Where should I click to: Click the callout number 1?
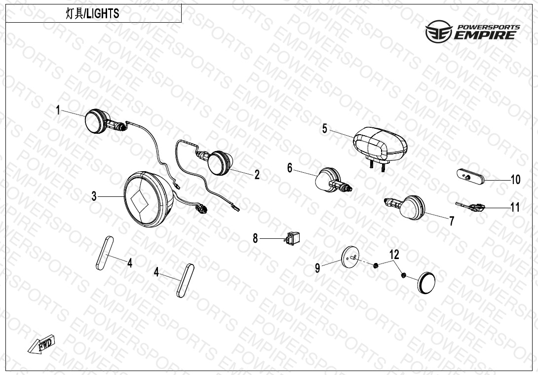[58, 110]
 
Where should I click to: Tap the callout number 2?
[257, 175]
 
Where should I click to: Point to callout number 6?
[290, 168]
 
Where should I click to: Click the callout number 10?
[515, 180]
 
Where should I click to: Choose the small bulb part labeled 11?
[470, 206]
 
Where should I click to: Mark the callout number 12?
[394, 255]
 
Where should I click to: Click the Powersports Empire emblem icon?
[439, 32]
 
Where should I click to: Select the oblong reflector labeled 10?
[470, 176]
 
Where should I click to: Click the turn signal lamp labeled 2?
[216, 161]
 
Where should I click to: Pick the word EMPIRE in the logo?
[485, 35]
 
